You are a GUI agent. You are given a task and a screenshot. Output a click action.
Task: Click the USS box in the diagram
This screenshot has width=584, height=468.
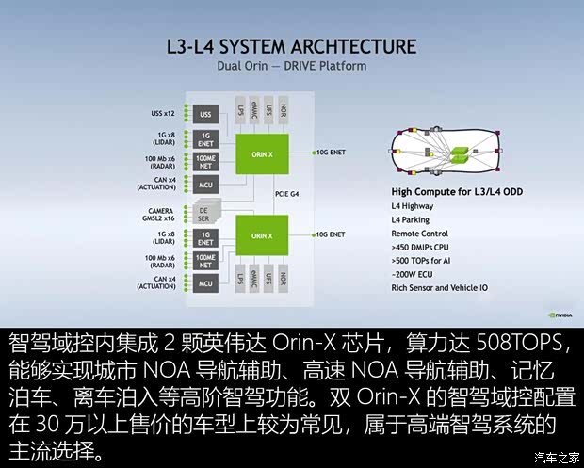[x=206, y=115]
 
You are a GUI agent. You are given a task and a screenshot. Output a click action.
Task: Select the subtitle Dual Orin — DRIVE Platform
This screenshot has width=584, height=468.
[x=292, y=66]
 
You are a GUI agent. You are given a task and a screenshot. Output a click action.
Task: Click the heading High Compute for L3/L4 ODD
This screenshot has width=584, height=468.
[x=456, y=191]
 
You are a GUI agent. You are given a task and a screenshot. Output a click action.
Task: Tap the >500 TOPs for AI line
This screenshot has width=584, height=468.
[x=426, y=259]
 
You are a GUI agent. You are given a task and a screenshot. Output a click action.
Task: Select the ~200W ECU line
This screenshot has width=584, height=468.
[x=414, y=273]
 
